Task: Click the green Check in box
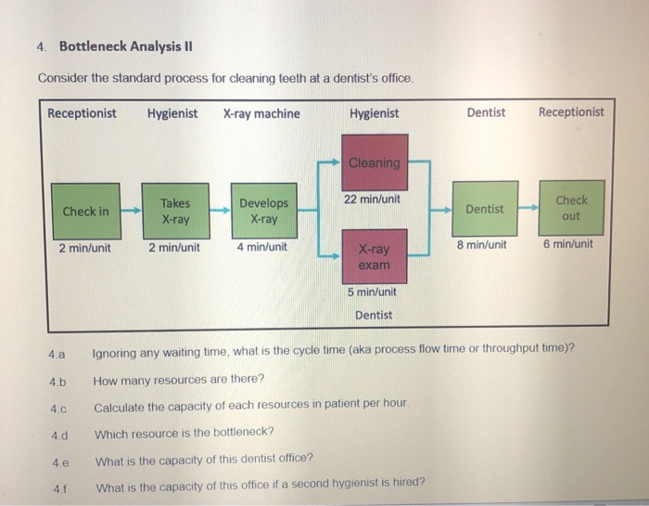[85, 211]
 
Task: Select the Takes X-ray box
[175, 211]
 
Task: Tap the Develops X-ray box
[264, 211]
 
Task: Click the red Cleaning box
[375, 162]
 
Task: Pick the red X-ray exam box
[375, 256]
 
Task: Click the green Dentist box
[485, 209]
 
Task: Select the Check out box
[571, 208]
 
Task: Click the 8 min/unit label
[481, 245]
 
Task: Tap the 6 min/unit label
[568, 245]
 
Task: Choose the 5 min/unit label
[373, 292]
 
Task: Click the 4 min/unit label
[262, 248]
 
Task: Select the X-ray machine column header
[261, 113]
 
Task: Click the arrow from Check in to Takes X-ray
[131, 211]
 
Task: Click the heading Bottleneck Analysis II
[126, 46]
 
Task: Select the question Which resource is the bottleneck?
[184, 433]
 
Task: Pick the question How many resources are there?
[178, 380]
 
